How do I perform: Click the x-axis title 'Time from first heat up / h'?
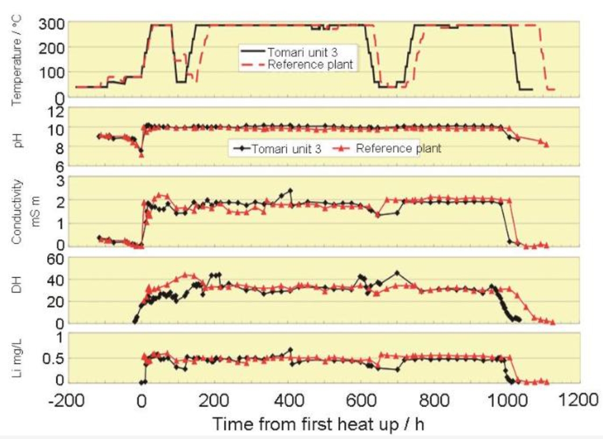(321, 423)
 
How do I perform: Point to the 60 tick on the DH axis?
(57, 259)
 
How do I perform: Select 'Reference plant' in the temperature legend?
(310, 64)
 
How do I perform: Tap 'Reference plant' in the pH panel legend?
(399, 148)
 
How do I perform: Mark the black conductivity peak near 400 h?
(290, 190)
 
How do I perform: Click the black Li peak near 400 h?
(290, 350)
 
